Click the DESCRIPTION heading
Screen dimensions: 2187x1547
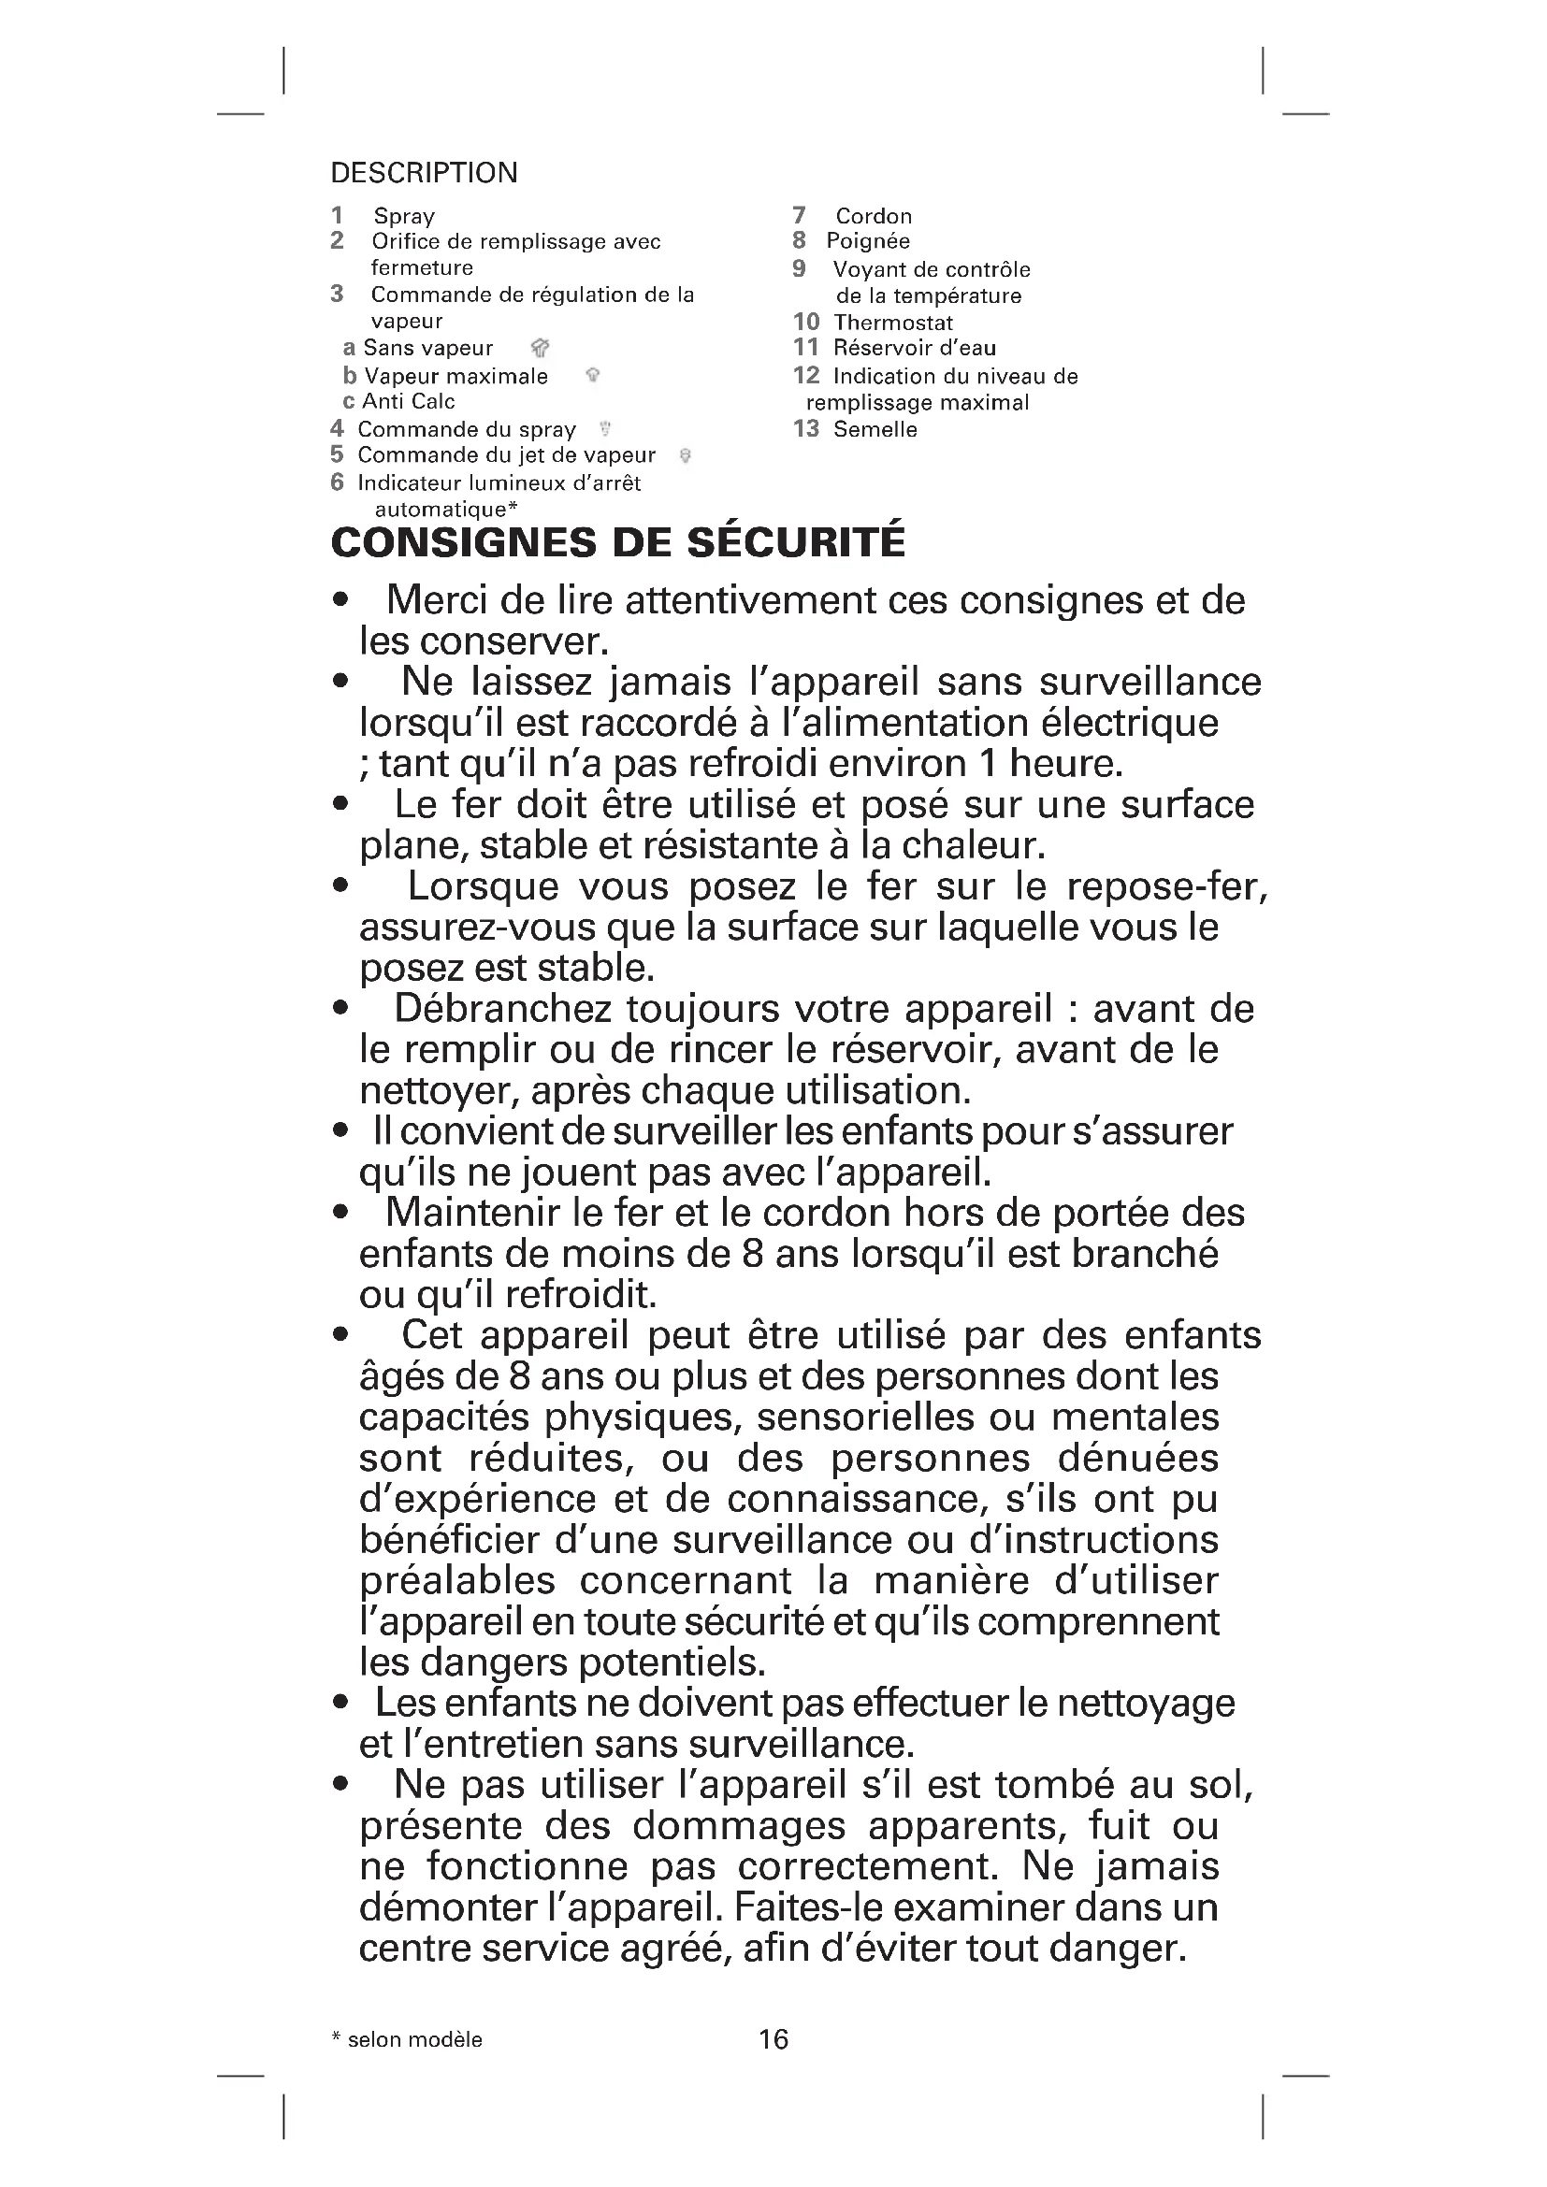424,173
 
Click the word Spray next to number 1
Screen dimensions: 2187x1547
404,216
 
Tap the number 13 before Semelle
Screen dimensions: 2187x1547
806,428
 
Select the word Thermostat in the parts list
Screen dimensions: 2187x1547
892,323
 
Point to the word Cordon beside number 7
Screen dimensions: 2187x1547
874,216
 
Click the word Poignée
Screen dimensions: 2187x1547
868,241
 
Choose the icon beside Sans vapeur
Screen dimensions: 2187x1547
540,349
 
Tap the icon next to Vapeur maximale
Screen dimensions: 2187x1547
592,375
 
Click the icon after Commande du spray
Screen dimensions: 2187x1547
605,428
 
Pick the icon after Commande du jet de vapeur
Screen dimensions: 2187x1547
685,455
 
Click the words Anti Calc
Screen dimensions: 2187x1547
408,402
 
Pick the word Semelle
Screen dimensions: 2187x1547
875,429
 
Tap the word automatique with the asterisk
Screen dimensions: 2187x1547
445,510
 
